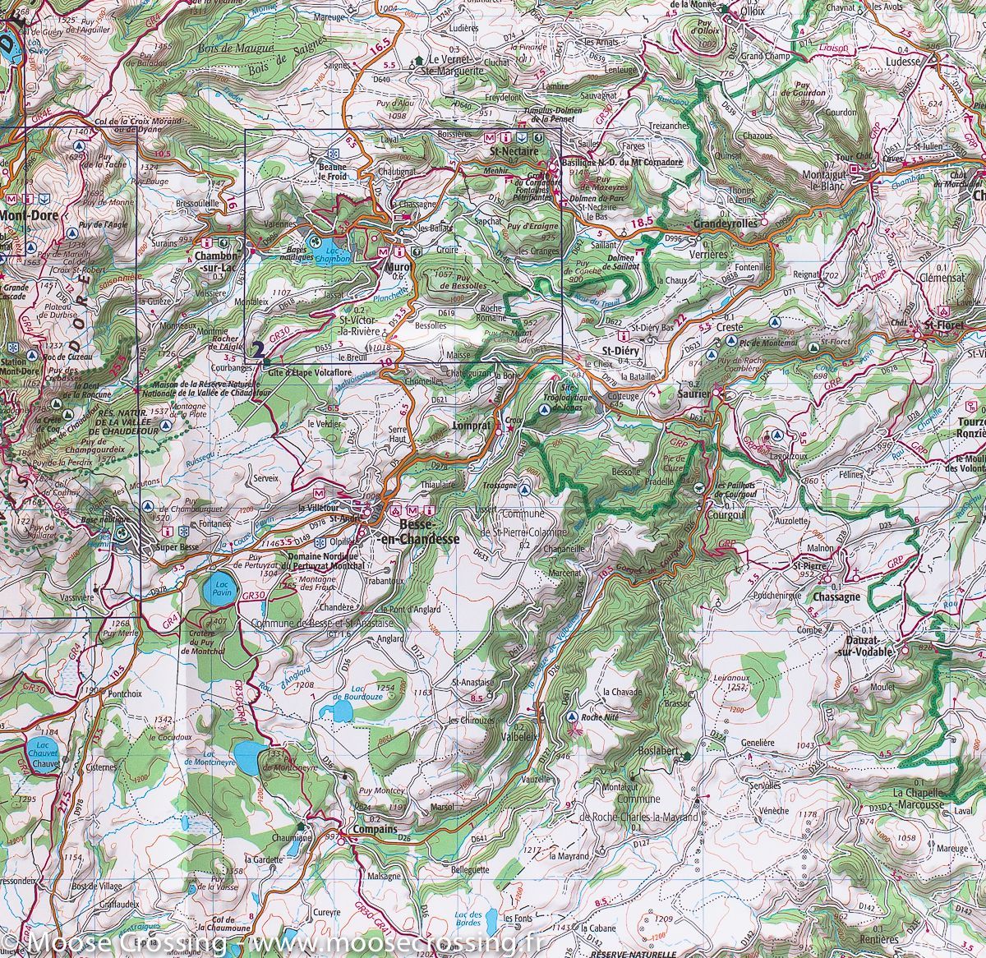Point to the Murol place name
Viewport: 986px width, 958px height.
point(397,266)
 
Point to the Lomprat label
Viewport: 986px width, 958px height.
point(472,427)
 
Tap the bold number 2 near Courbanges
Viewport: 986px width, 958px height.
point(260,350)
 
